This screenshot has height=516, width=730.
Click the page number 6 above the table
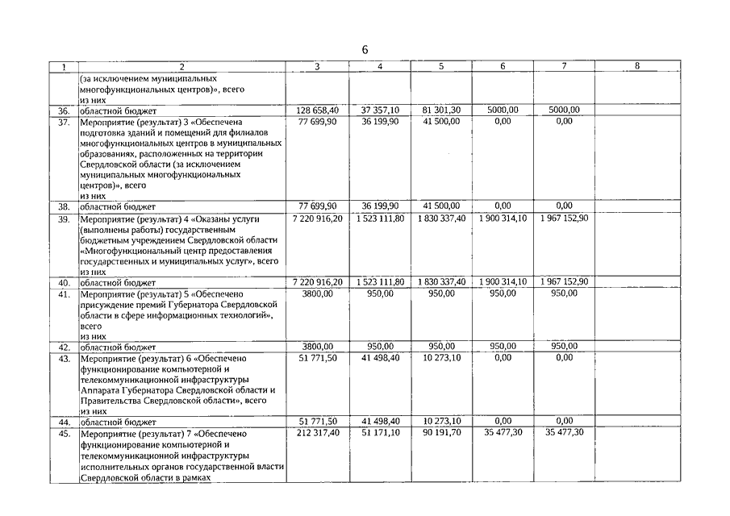coord(365,50)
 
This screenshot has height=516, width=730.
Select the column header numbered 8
coord(637,67)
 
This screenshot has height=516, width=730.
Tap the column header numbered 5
coord(440,67)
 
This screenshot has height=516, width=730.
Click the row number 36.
coord(64,110)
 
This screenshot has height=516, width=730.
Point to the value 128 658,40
coord(317,110)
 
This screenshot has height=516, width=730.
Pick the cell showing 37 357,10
coord(379,110)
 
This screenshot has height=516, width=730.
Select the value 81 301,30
coord(440,110)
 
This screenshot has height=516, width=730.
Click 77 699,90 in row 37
coord(317,121)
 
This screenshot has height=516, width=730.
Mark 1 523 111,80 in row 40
coord(379,282)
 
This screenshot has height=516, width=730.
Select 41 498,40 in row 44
coord(379,422)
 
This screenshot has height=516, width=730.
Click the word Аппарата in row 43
coord(102,389)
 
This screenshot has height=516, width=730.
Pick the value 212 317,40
coord(317,433)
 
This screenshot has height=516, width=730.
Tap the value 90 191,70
coord(440,433)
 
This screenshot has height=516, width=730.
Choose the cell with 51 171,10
coord(379,433)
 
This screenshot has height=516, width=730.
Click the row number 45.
coord(64,433)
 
